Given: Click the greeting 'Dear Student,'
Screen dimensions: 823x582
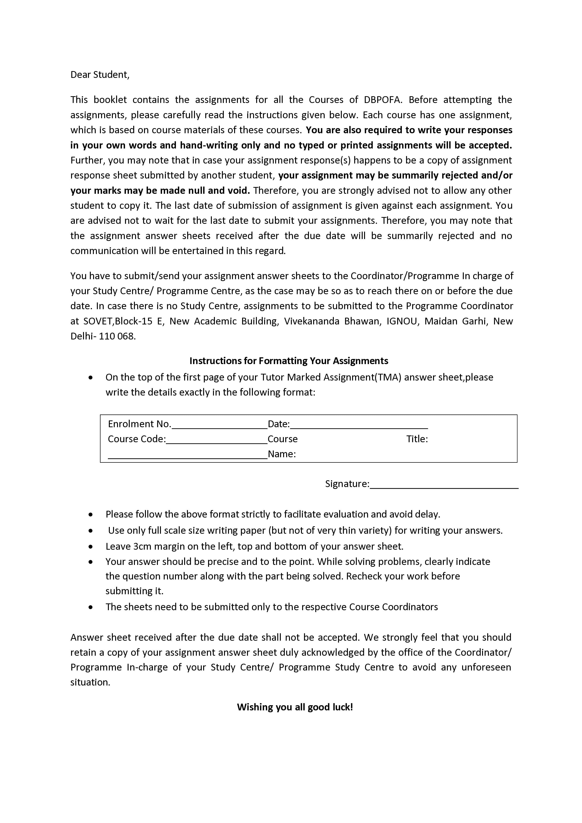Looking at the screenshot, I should click(100, 75).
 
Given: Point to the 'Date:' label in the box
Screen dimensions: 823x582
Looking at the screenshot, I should click(278, 424).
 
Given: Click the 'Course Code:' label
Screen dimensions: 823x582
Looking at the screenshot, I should click(137, 439).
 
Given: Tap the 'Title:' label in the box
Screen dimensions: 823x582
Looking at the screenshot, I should click(417, 439).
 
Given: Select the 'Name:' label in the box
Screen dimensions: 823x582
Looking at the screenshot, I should click(282, 454).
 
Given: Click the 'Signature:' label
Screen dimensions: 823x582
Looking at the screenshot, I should click(347, 484).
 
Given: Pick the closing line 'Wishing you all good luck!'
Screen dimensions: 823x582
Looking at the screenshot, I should click(295, 707).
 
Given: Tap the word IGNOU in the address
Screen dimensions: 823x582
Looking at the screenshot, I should click(402, 321).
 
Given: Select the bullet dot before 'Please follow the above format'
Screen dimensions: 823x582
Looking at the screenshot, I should click(91, 514).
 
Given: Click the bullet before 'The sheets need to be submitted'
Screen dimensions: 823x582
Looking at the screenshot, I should click(91, 607).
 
